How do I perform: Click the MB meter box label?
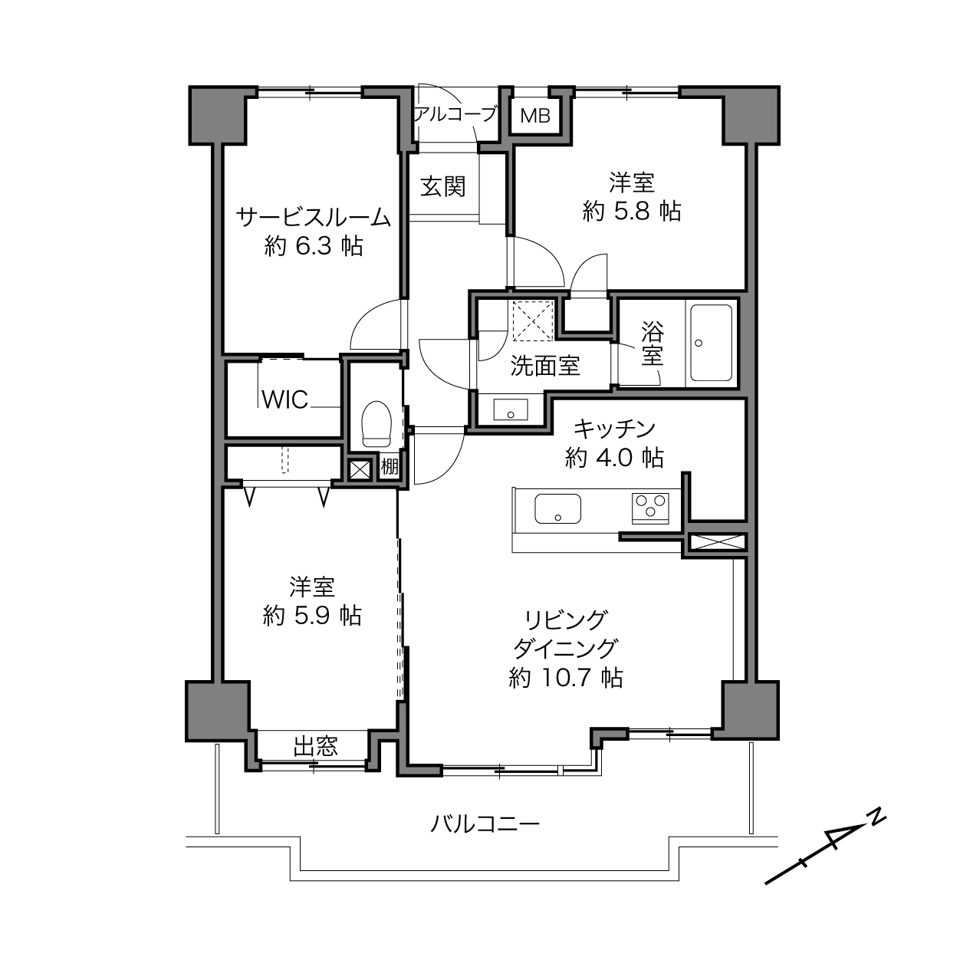pyautogui.click(x=535, y=116)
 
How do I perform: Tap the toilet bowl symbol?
pyautogui.click(x=376, y=424)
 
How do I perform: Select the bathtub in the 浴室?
pyautogui.click(x=711, y=344)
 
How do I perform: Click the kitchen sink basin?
pyautogui.click(x=557, y=508)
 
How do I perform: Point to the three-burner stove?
pyautogui.click(x=651, y=507)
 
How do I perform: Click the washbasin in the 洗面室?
pyautogui.click(x=510, y=409)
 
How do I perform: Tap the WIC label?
pyautogui.click(x=285, y=399)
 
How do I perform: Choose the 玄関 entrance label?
pyautogui.click(x=443, y=187)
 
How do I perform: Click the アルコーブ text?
pyautogui.click(x=455, y=114)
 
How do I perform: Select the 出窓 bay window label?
pyautogui.click(x=316, y=746)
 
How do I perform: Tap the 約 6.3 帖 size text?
pyautogui.click(x=314, y=246)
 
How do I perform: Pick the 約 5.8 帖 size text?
pyautogui.click(x=632, y=211)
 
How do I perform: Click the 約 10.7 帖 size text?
pyautogui.click(x=566, y=677)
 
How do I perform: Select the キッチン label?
pyautogui.click(x=614, y=429)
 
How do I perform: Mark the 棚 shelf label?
pyautogui.click(x=390, y=467)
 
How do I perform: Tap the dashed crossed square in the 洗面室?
pyautogui.click(x=533, y=321)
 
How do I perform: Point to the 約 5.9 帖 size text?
pyautogui.click(x=312, y=616)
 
